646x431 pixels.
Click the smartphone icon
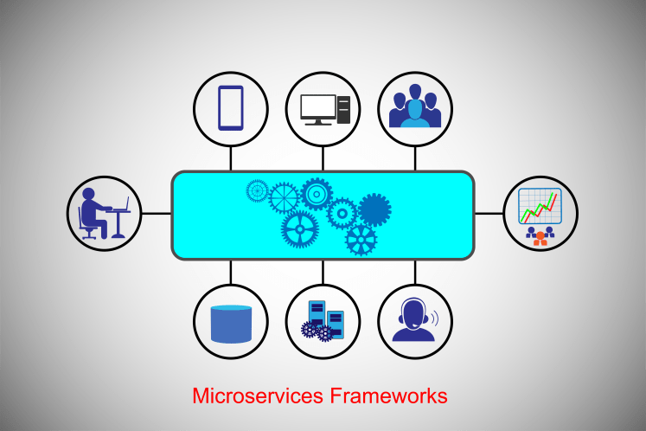coord(230,107)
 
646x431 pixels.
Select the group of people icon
coord(414,107)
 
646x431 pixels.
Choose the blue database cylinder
coord(231,323)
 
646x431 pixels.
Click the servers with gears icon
coord(323,319)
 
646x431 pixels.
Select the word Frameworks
coord(388,396)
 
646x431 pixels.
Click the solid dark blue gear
coord(374,209)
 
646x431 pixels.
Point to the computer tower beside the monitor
coord(343,108)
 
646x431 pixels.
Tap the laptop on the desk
coord(120,206)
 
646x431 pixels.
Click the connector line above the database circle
coord(231,272)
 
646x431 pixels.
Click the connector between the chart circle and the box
coord(489,213)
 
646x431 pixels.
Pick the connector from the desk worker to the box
coord(157,213)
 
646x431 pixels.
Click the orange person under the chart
coord(540,235)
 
